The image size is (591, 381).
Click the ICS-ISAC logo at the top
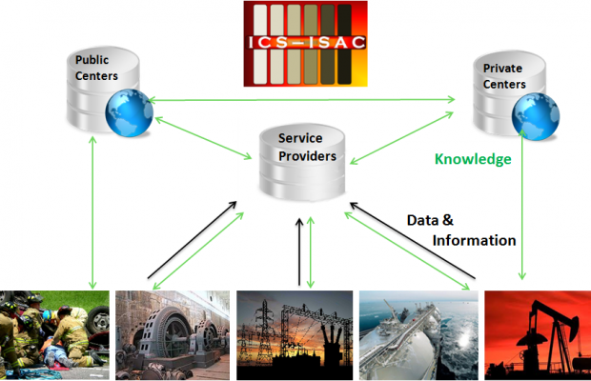(304, 44)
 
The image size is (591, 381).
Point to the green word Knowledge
(473, 159)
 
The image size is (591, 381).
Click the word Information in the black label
(475, 241)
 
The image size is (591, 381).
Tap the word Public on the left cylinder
(93, 59)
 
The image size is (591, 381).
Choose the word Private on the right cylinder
(503, 69)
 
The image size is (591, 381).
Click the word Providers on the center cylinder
(308, 155)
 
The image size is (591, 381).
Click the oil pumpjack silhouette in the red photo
(543, 324)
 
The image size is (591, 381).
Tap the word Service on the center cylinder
(300, 138)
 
